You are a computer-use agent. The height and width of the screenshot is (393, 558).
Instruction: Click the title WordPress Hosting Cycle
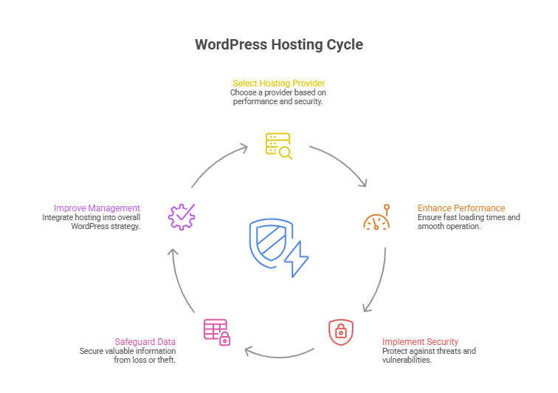pos(278,44)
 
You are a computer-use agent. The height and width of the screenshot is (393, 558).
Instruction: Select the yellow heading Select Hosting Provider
pos(278,83)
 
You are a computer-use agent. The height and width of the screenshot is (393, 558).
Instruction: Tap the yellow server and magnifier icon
pos(278,146)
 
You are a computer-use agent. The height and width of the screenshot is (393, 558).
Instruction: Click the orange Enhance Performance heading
pos(461,208)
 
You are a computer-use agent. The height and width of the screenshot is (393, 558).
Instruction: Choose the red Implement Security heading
pos(420,342)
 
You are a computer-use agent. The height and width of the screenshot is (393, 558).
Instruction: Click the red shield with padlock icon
pos(340,330)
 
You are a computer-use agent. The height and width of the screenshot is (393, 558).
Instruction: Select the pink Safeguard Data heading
pos(145,341)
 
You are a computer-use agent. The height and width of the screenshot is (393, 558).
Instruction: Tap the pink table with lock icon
pos(216,332)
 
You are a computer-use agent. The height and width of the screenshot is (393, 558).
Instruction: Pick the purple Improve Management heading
pos(97,208)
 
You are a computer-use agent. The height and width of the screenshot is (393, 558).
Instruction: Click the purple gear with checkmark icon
pos(182,216)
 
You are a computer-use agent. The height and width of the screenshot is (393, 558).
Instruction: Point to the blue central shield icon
pos(268,241)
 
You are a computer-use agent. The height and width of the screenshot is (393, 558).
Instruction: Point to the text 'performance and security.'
pos(278,101)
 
